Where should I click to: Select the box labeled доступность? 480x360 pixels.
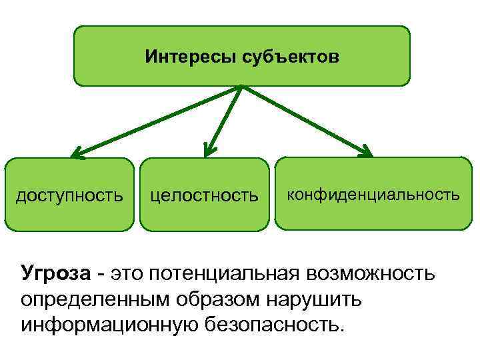69,195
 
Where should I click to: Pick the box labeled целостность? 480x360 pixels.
205,195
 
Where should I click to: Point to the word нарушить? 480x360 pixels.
317,299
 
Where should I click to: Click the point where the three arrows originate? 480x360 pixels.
241,87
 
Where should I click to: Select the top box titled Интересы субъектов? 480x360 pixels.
241,56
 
